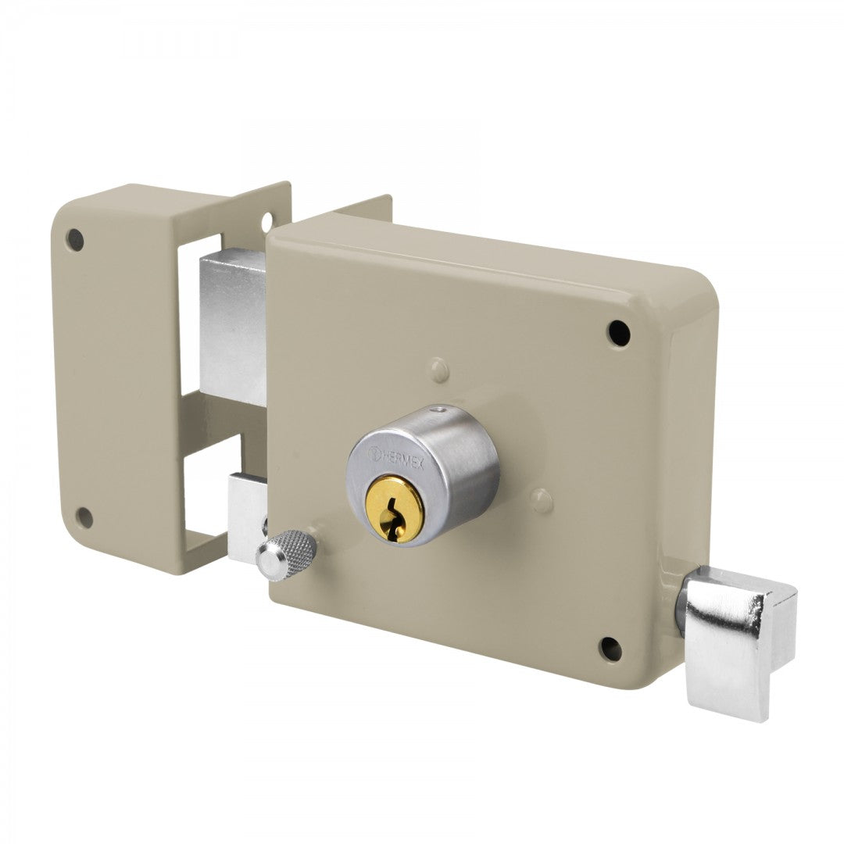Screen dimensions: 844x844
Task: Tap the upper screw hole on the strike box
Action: [x=75, y=239]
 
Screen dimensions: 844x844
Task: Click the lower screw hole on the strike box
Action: [x=84, y=517]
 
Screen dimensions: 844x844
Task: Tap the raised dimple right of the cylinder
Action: [x=541, y=500]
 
